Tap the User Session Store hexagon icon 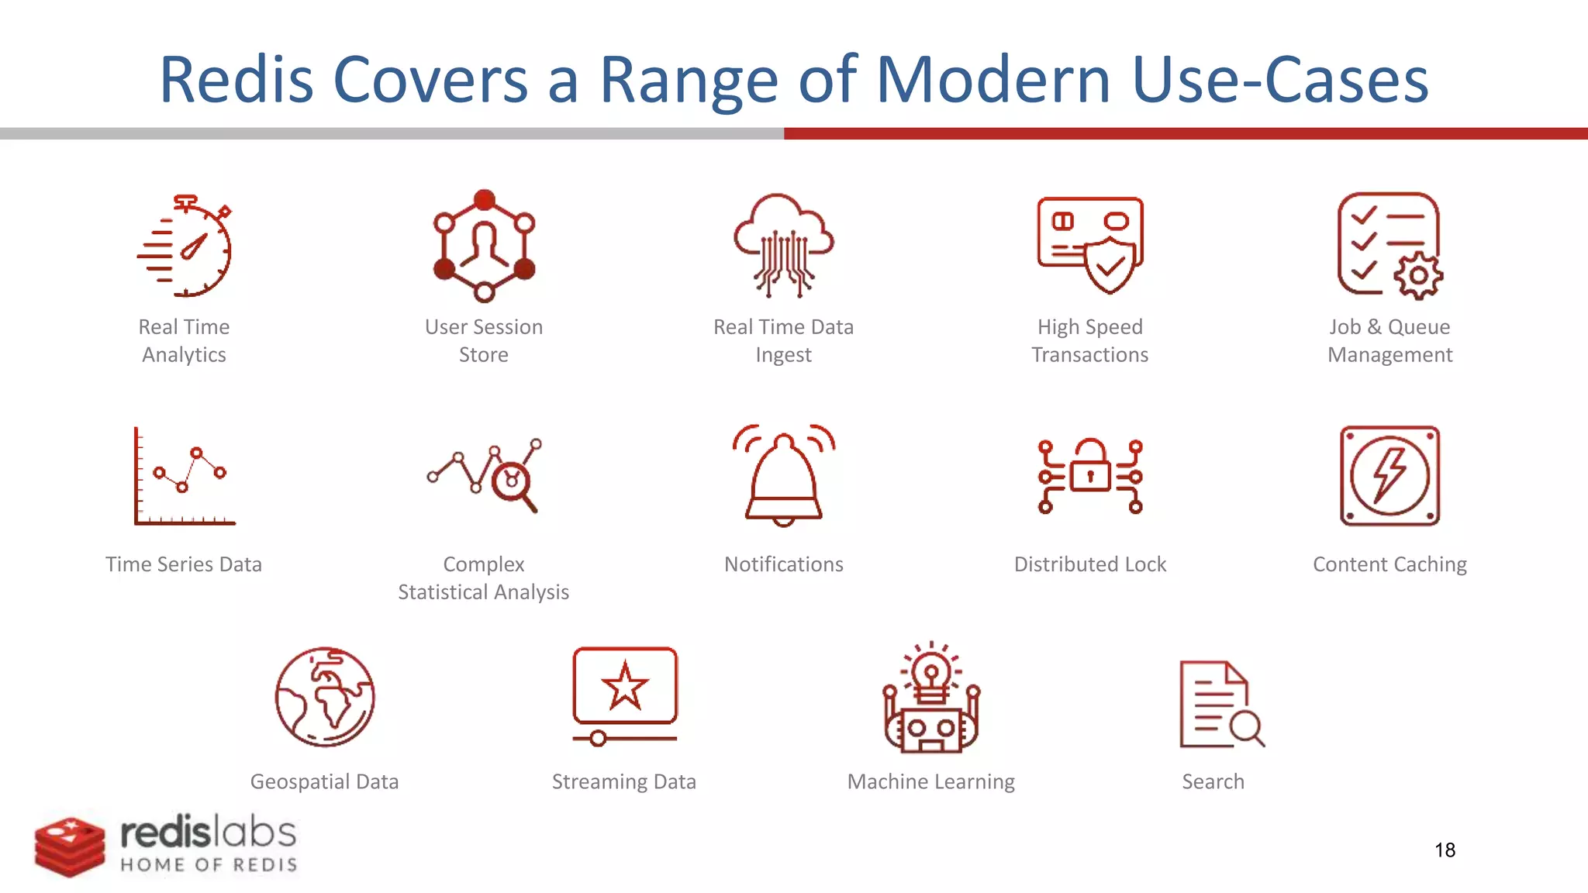click(x=484, y=245)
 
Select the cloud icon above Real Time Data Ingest click(x=783, y=225)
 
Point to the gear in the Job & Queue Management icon click(x=1418, y=276)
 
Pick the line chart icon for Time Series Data click(x=185, y=476)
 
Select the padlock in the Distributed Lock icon click(x=1090, y=467)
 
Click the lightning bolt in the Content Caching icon click(x=1389, y=474)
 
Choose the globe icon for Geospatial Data click(x=325, y=697)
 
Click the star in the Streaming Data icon click(x=624, y=687)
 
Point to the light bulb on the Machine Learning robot click(x=931, y=671)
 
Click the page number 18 click(x=1445, y=850)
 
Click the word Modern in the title click(x=993, y=80)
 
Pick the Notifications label click(x=783, y=564)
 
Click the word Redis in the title click(x=236, y=80)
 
